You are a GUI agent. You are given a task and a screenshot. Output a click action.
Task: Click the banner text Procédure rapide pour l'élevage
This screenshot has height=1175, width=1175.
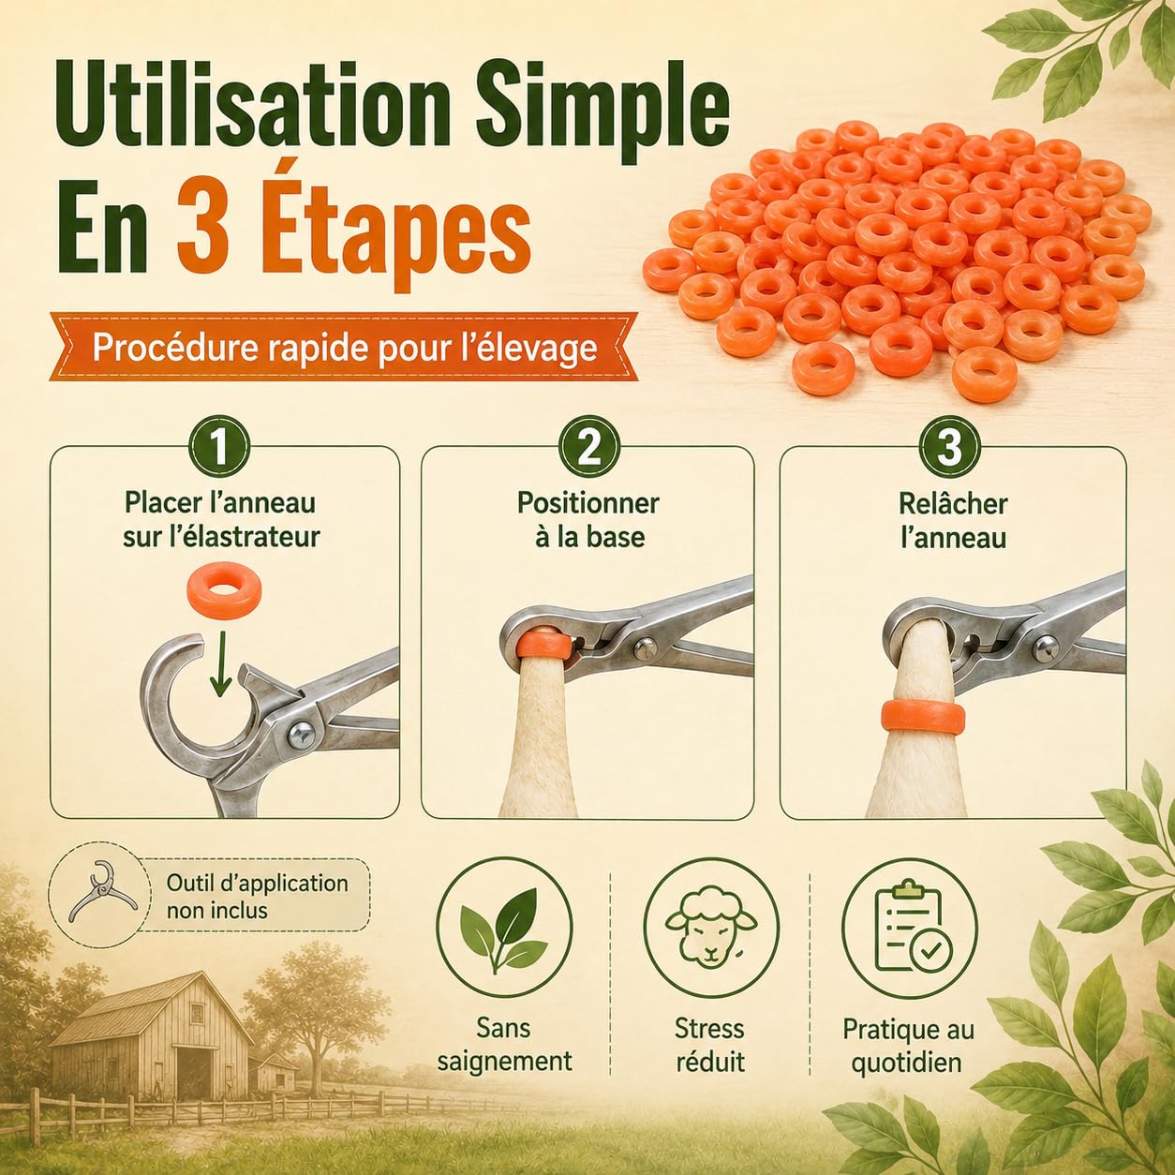click(345, 349)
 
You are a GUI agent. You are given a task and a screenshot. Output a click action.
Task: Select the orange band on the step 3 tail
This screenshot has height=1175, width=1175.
click(925, 721)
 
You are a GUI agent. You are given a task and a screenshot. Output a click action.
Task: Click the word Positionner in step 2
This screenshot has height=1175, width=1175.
click(587, 504)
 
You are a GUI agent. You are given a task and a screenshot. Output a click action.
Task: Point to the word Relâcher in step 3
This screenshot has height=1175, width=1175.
click(952, 504)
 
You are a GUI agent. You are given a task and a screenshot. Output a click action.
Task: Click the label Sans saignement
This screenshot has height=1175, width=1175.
click(504, 1045)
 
